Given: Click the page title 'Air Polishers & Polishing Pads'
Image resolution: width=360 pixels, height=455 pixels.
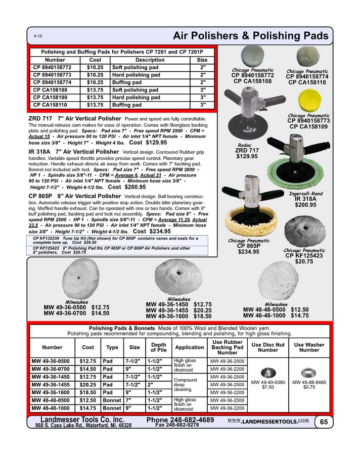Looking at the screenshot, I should click(x=250, y=36).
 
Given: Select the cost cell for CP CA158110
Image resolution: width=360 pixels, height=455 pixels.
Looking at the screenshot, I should click(x=95, y=105).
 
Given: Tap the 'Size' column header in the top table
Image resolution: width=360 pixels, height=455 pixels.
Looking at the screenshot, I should click(x=202, y=60).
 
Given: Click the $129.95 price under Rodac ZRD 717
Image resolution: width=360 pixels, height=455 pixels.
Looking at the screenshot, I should click(x=247, y=157).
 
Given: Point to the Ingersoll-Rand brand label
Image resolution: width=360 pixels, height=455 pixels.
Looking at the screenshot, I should click(x=305, y=193).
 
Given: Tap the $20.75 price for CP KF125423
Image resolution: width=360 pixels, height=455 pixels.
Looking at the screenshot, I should click(x=304, y=261).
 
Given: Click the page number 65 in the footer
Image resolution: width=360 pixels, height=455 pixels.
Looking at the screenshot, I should click(x=323, y=422).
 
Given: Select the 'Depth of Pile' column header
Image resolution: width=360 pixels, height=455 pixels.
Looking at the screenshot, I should click(x=158, y=347).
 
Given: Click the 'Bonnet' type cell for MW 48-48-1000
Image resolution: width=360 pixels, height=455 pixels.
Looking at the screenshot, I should click(x=112, y=408).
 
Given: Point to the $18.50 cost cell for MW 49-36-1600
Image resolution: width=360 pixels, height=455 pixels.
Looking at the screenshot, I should click(x=87, y=392).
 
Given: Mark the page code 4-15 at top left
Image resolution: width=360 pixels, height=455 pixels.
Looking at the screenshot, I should click(x=38, y=37).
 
